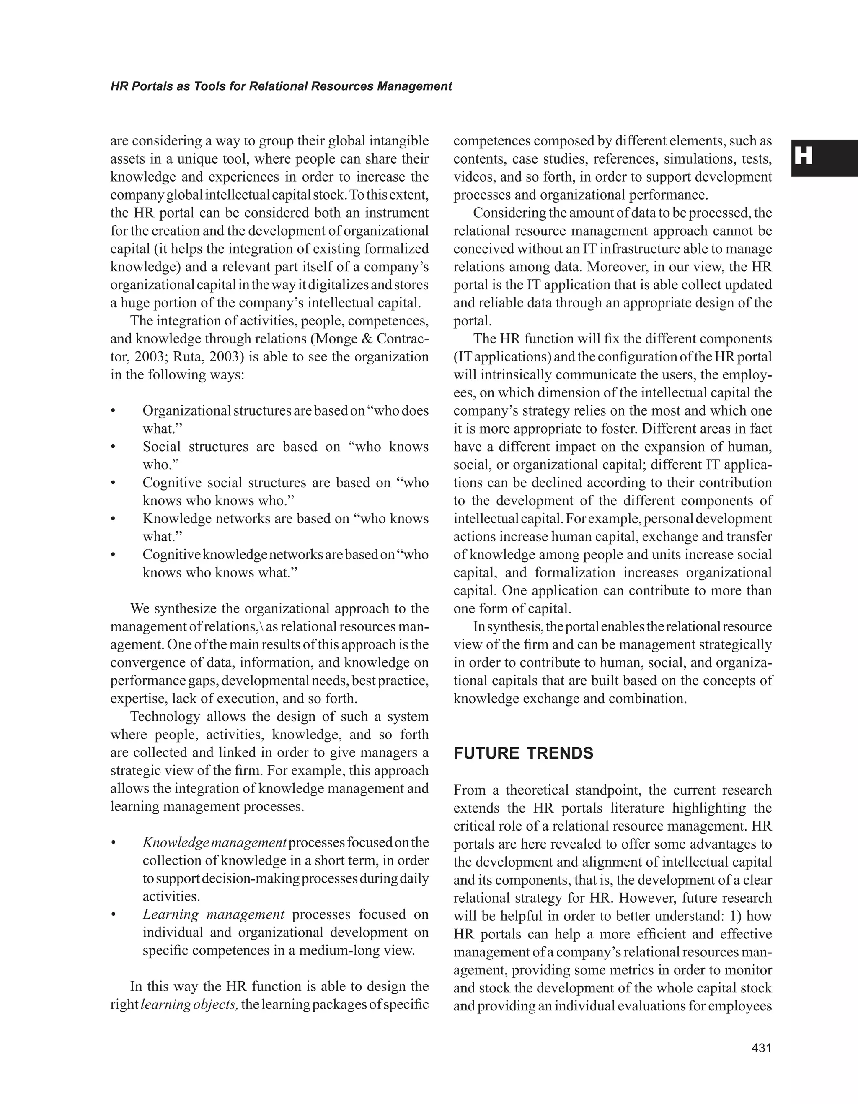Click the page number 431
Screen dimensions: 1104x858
762,1049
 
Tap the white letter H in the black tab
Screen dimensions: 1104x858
803,157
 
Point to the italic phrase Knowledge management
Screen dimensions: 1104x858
214,843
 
